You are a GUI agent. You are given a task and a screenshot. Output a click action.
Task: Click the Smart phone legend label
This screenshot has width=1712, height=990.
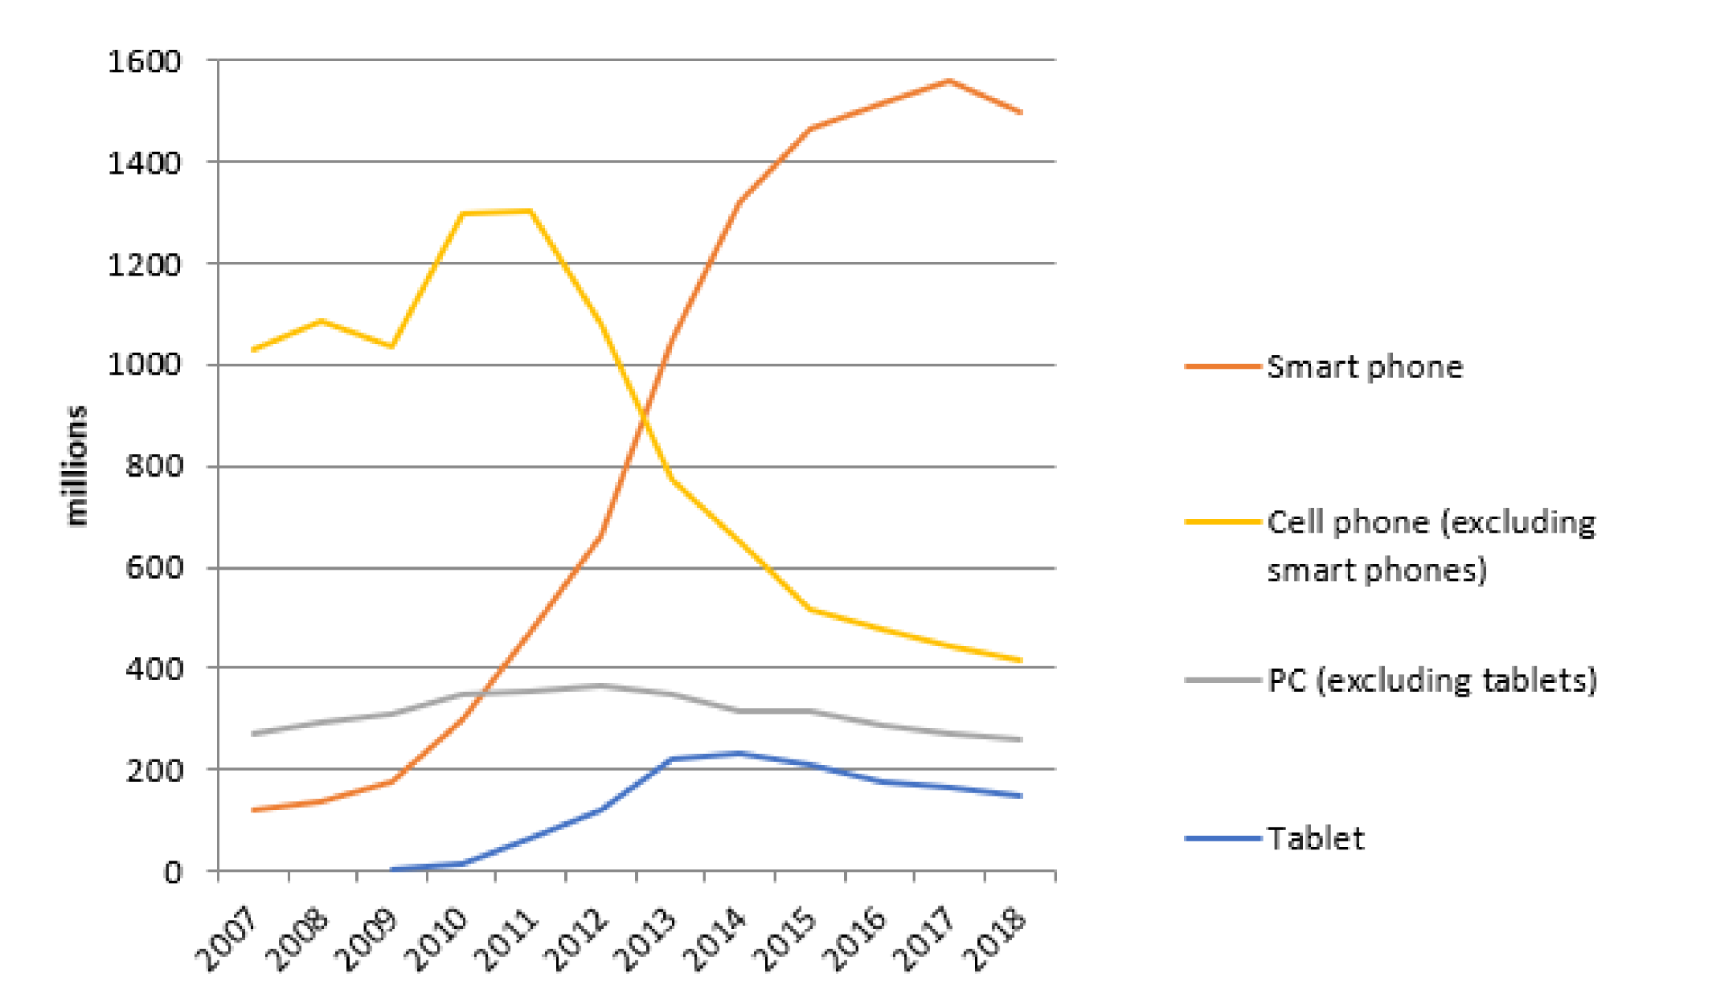[x=1364, y=367]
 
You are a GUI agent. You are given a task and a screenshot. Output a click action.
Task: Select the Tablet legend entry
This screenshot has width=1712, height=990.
[x=1315, y=839]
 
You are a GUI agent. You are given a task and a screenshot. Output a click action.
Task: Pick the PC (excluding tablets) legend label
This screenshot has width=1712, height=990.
[x=1431, y=681]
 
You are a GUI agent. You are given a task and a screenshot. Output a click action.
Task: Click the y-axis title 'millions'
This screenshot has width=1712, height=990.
[x=76, y=466]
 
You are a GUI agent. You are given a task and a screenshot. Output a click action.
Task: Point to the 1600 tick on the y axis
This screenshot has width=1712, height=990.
[x=145, y=61]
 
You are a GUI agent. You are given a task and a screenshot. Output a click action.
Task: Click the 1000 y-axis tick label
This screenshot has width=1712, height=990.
[x=145, y=365]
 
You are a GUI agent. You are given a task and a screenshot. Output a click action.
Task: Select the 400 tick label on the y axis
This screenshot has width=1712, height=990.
[x=154, y=669]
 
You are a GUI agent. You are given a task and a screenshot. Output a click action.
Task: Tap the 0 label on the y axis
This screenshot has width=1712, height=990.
[x=173, y=872]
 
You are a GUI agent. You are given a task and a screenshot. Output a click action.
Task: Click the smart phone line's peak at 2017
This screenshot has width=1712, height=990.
[x=949, y=80]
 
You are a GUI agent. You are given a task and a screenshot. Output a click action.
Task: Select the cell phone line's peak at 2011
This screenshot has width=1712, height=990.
[x=530, y=211]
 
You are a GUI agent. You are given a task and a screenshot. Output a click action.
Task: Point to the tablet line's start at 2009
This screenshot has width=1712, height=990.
[x=391, y=869]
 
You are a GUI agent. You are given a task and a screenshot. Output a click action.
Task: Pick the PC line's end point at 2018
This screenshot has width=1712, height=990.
[x=1021, y=739]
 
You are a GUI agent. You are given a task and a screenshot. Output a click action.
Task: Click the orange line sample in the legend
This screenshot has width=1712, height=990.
[x=1223, y=366]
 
